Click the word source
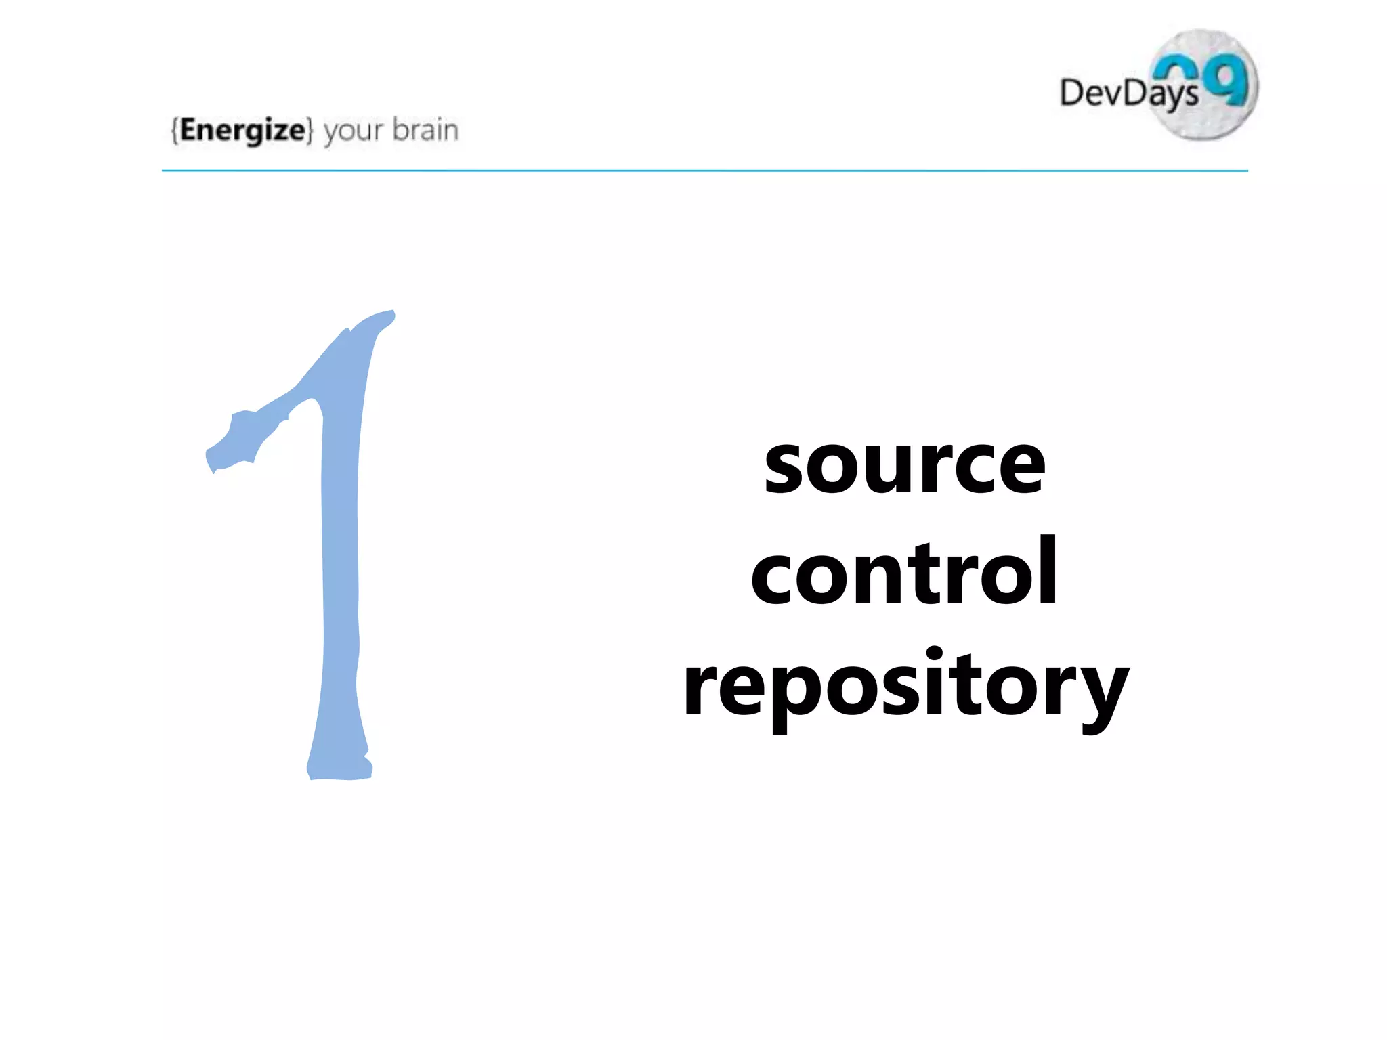point(905,466)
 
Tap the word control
point(905,572)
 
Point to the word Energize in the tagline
point(242,129)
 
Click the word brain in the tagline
point(425,129)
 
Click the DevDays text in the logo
point(1128,93)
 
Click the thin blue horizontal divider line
point(704,171)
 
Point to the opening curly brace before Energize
point(175,130)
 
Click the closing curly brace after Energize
point(310,130)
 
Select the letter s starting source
point(786,467)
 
